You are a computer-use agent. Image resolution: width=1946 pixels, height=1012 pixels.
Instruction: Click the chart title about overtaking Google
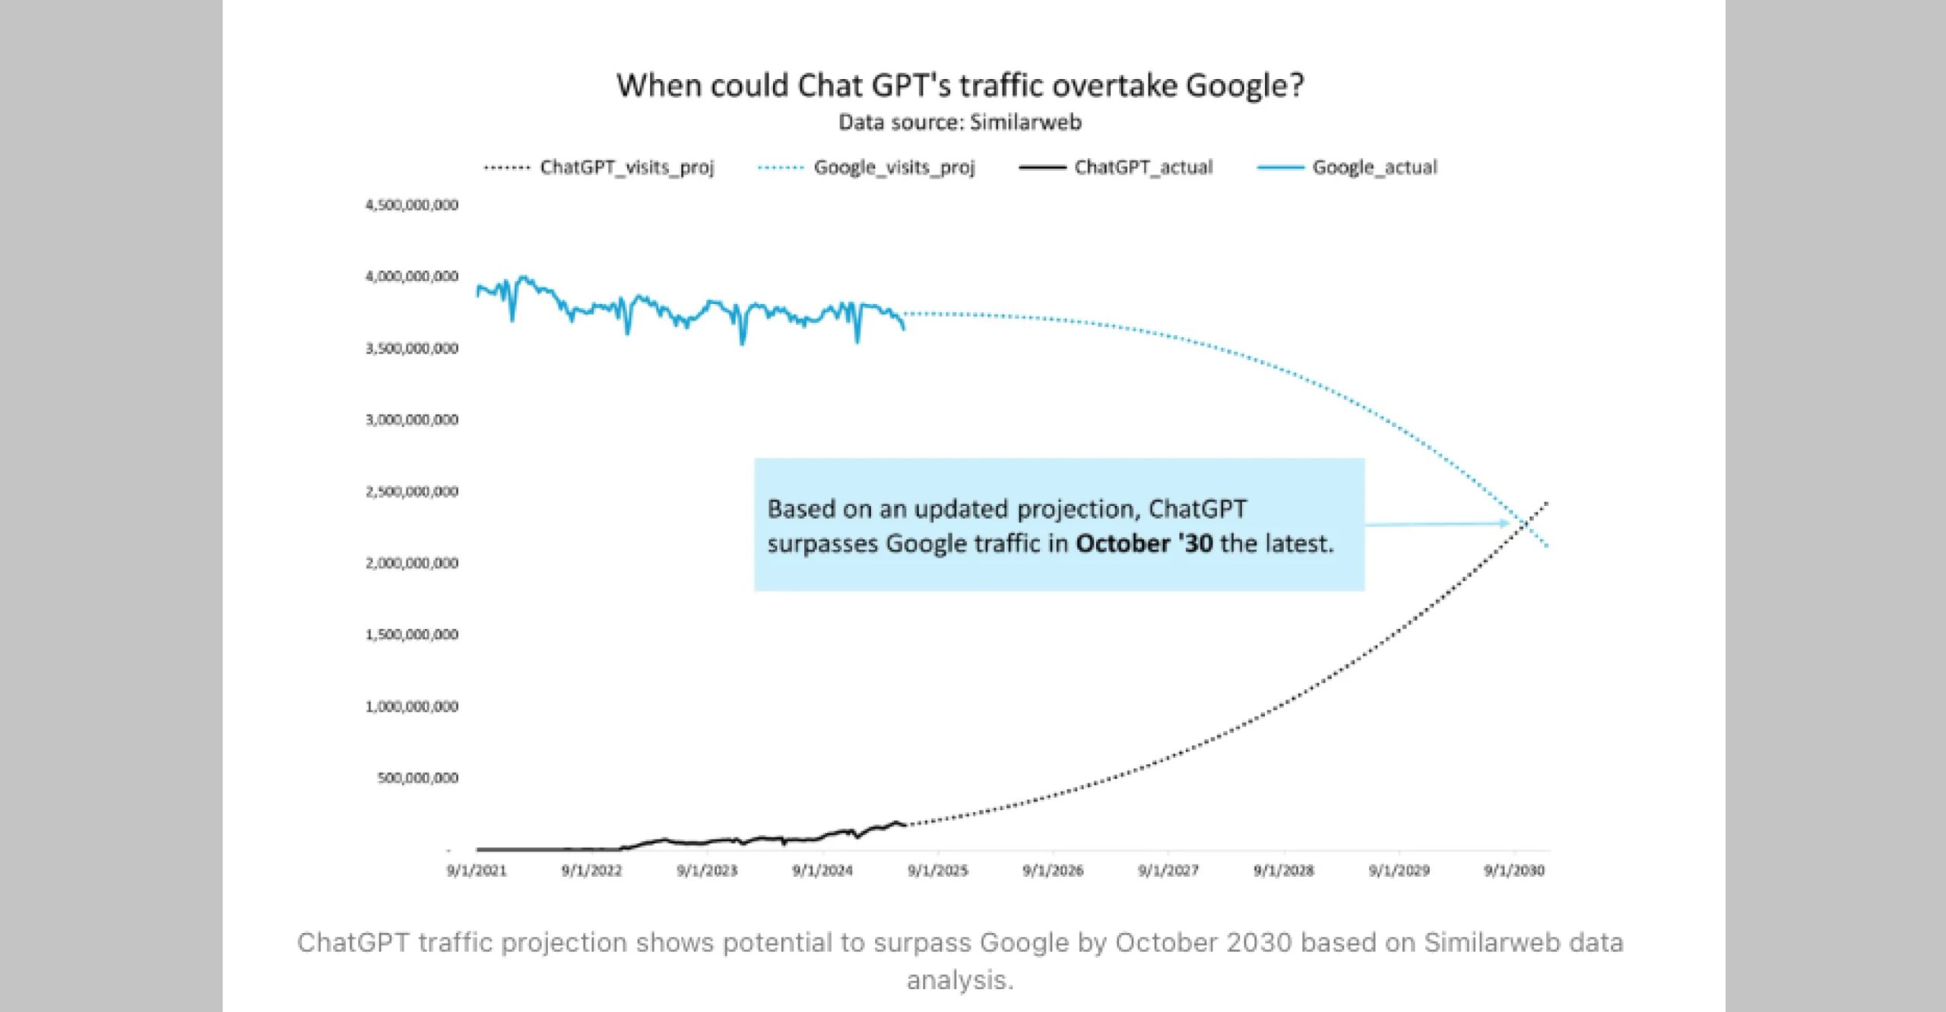pyautogui.click(x=959, y=85)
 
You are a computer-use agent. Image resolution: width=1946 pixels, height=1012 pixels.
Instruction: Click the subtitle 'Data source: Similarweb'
pyautogui.click(x=959, y=122)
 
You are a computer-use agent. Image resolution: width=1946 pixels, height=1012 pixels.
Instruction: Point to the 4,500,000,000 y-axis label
pyautogui.click(x=412, y=204)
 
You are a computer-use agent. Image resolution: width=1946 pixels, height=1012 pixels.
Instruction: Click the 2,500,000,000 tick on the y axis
pyautogui.click(x=412, y=492)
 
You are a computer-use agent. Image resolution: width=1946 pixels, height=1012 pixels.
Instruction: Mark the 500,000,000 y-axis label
pyautogui.click(x=418, y=778)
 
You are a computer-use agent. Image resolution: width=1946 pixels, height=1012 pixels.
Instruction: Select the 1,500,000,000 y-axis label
pyautogui.click(x=412, y=634)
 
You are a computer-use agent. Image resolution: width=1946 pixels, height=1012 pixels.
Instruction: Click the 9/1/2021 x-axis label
pyautogui.click(x=476, y=871)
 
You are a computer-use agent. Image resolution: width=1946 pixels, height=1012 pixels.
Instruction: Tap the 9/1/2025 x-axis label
pyautogui.click(x=938, y=871)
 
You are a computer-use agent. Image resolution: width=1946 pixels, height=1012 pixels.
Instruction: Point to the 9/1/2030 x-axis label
pyautogui.click(x=1514, y=871)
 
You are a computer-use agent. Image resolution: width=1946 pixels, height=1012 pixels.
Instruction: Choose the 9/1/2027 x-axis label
pyautogui.click(x=1168, y=871)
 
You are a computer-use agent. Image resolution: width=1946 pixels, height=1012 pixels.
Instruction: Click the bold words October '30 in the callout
pyautogui.click(x=1144, y=544)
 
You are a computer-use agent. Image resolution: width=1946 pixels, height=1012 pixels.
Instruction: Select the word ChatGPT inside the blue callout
pyautogui.click(x=1197, y=508)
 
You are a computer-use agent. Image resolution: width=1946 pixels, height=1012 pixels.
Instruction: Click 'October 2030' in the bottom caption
pyautogui.click(x=1203, y=942)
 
